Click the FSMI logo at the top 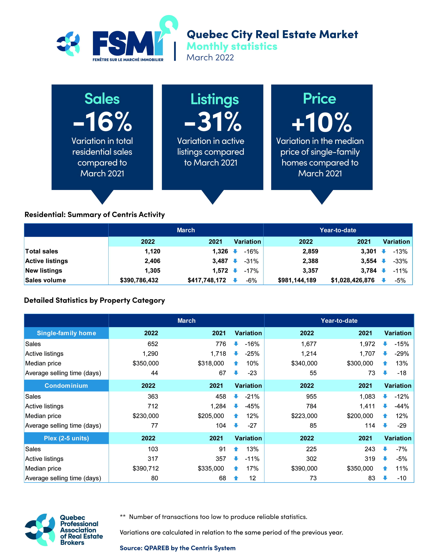point(127,43)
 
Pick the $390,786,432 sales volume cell point(139,280)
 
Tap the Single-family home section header point(67,333)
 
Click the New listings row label point(44,271)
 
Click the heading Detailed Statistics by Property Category point(95,300)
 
